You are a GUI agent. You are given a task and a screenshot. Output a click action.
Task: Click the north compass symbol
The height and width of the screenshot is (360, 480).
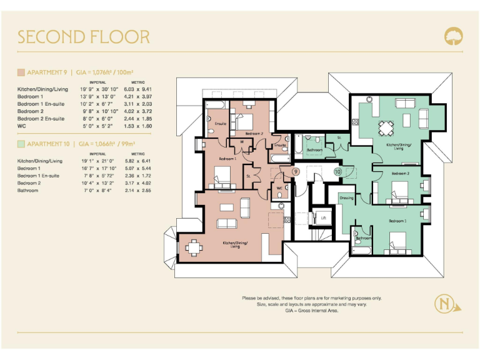click(444, 304)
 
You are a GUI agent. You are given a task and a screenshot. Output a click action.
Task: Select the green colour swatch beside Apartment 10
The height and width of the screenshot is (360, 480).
click(21, 144)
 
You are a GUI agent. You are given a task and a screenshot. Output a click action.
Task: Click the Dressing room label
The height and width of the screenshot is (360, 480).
click(346, 197)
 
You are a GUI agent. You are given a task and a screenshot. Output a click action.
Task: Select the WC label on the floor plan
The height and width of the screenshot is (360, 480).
click(279, 187)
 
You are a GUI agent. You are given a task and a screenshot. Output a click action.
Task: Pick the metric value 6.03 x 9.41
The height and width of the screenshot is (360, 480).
click(141, 89)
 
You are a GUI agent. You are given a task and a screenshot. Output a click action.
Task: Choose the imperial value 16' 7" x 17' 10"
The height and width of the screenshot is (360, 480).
click(97, 169)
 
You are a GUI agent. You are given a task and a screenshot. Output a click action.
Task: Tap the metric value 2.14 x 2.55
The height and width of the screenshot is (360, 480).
click(141, 191)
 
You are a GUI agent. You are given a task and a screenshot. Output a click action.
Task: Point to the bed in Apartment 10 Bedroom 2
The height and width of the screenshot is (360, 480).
click(401, 187)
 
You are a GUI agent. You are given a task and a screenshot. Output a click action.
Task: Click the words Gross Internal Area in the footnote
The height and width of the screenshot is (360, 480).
click(319, 311)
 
